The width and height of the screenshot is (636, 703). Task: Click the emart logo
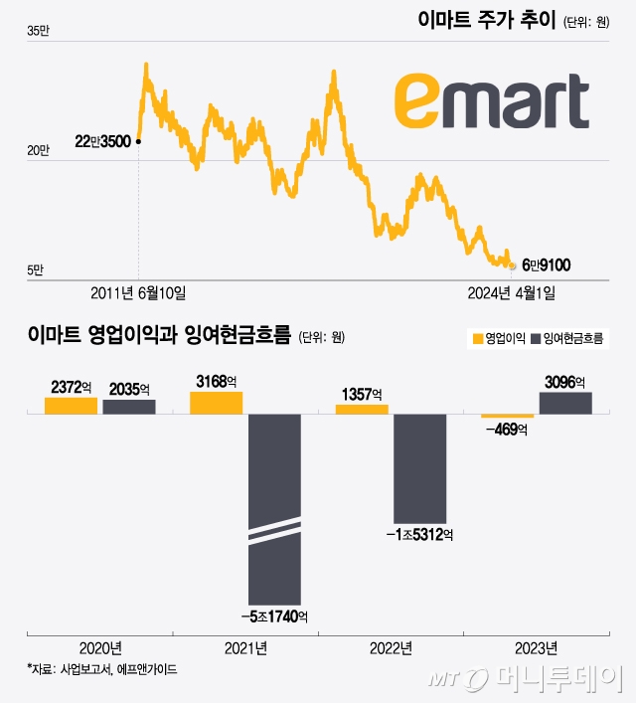click(x=491, y=99)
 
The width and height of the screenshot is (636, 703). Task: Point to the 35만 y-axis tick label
click(x=37, y=32)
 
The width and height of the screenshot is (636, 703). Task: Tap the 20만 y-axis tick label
click(x=37, y=150)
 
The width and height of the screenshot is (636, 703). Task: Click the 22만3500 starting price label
click(x=102, y=142)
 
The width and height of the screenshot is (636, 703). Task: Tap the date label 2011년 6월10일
click(x=138, y=292)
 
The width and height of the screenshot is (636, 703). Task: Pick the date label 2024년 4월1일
click(x=512, y=292)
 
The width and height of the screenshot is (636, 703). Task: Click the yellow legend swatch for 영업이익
click(x=476, y=338)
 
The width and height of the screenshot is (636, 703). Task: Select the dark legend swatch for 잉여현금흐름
click(x=538, y=338)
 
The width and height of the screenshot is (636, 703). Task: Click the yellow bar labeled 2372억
click(x=71, y=405)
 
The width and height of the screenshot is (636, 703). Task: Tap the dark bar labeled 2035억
click(x=129, y=406)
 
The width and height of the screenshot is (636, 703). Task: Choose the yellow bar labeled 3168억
click(x=216, y=402)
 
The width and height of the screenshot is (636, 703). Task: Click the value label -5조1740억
click(x=274, y=617)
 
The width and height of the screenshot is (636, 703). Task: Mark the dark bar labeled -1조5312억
click(x=420, y=467)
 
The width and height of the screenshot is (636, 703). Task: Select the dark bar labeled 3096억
click(x=565, y=402)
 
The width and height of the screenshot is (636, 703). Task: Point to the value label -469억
click(x=506, y=431)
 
